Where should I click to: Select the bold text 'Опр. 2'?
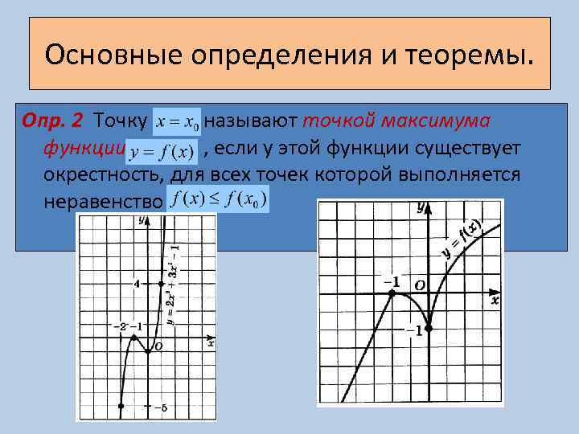coord(55,121)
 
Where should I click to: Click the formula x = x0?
coord(178,121)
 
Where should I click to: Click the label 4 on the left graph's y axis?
coord(137,284)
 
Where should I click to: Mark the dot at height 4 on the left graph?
coord(162,284)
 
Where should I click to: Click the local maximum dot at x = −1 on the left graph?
coord(134,338)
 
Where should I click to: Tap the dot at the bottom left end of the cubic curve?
coord(121,407)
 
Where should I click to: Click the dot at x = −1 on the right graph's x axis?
coord(392,294)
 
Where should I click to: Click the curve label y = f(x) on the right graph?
coord(462,238)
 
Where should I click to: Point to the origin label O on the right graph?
coord(419,285)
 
